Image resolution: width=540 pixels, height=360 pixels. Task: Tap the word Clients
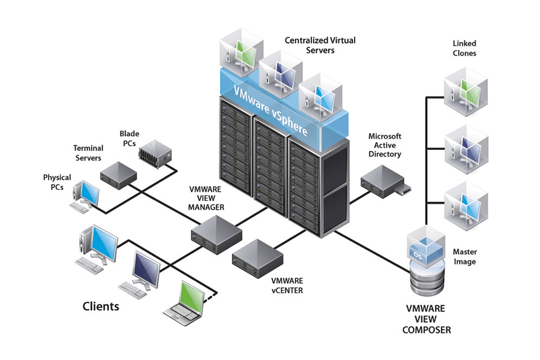100,307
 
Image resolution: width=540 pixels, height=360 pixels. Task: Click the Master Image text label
464,257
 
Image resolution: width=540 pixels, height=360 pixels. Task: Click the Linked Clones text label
464,49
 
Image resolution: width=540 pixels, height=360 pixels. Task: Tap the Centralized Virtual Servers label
320,45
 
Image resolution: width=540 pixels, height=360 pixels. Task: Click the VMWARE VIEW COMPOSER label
427,319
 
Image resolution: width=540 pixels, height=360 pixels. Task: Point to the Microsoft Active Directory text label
385,145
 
